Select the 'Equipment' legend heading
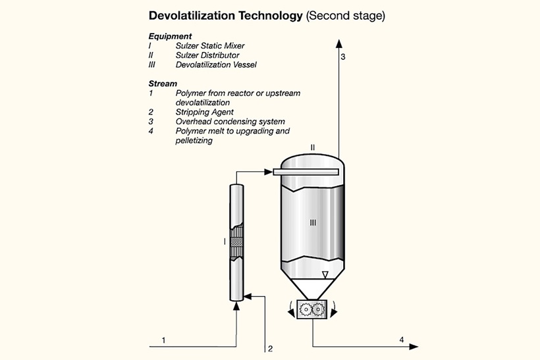click(x=170, y=37)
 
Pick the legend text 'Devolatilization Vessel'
click(x=216, y=65)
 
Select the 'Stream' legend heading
click(x=163, y=84)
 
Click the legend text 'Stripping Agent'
click(x=204, y=112)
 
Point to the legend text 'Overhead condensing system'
click(x=230, y=122)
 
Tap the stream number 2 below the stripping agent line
click(x=269, y=348)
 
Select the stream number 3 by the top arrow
click(x=342, y=57)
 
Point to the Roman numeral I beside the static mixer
click(x=225, y=242)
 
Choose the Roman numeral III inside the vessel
click(x=313, y=223)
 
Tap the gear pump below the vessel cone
click(x=313, y=309)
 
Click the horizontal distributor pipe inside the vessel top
click(x=306, y=172)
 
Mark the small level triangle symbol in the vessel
click(x=325, y=274)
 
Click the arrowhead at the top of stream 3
click(x=338, y=43)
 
